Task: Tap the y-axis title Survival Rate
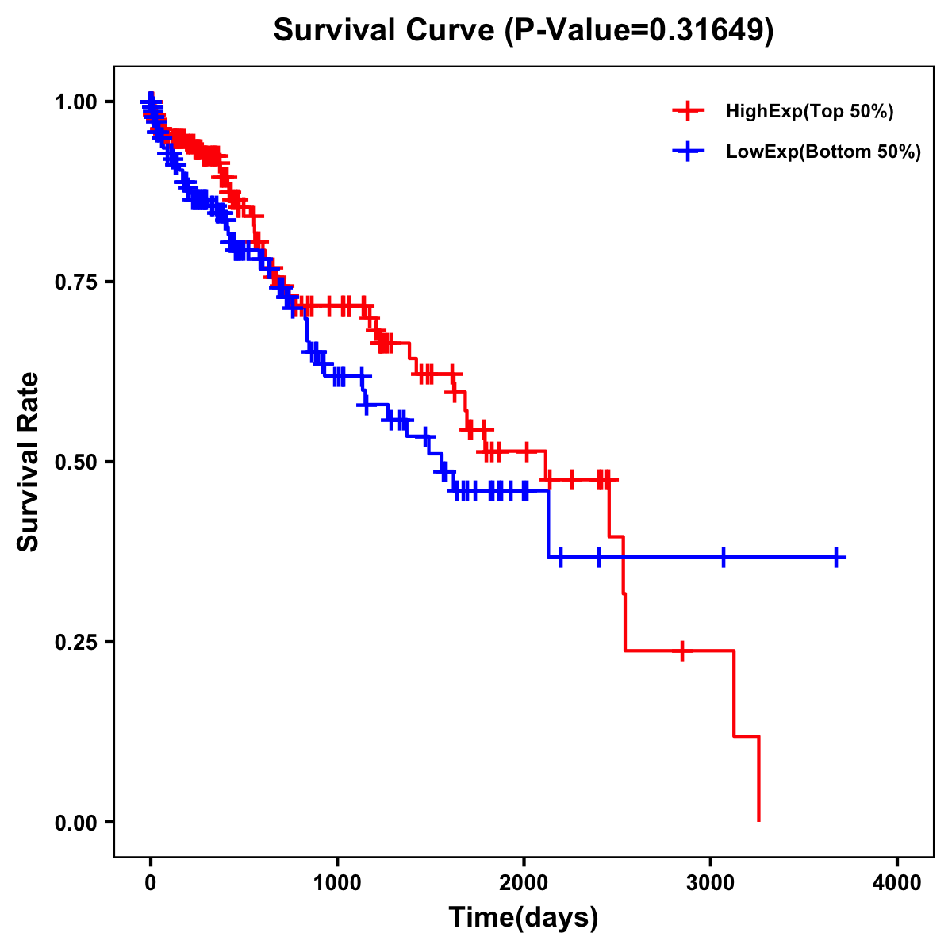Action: tap(29, 462)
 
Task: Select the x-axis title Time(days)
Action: tap(524, 918)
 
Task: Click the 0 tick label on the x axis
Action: tap(151, 883)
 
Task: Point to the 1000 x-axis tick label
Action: tap(337, 883)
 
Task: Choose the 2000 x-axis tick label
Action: tap(524, 883)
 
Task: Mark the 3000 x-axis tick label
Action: tap(711, 883)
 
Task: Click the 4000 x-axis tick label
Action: tap(897, 883)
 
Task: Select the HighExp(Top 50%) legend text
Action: tap(810, 112)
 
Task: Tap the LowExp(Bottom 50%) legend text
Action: tap(823, 152)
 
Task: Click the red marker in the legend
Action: tap(688, 112)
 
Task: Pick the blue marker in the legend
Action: tap(688, 152)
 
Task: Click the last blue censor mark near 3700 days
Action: tap(836, 558)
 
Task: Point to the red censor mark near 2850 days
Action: tap(681, 651)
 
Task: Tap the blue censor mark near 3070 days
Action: tap(723, 558)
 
